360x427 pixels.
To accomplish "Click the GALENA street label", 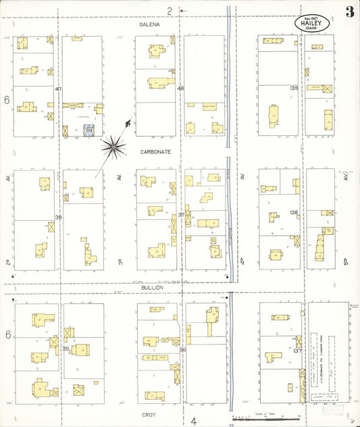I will (150, 24).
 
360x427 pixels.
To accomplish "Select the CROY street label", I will (149, 414).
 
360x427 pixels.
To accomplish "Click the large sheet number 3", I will (349, 11).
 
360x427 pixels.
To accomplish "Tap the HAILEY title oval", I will (311, 22).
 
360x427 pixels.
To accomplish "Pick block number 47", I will (59, 89).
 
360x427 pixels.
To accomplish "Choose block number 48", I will (180, 89).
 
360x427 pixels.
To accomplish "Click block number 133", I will (294, 89).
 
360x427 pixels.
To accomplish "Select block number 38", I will (59, 217).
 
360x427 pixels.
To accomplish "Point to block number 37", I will (180, 215).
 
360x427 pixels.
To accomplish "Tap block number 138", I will (294, 213).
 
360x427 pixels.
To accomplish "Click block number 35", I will (66, 349).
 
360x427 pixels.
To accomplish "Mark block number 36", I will (182, 349).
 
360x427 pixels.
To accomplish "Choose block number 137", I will (297, 351).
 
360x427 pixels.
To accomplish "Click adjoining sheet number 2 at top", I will (170, 10).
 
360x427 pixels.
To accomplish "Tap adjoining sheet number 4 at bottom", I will (193, 421).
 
